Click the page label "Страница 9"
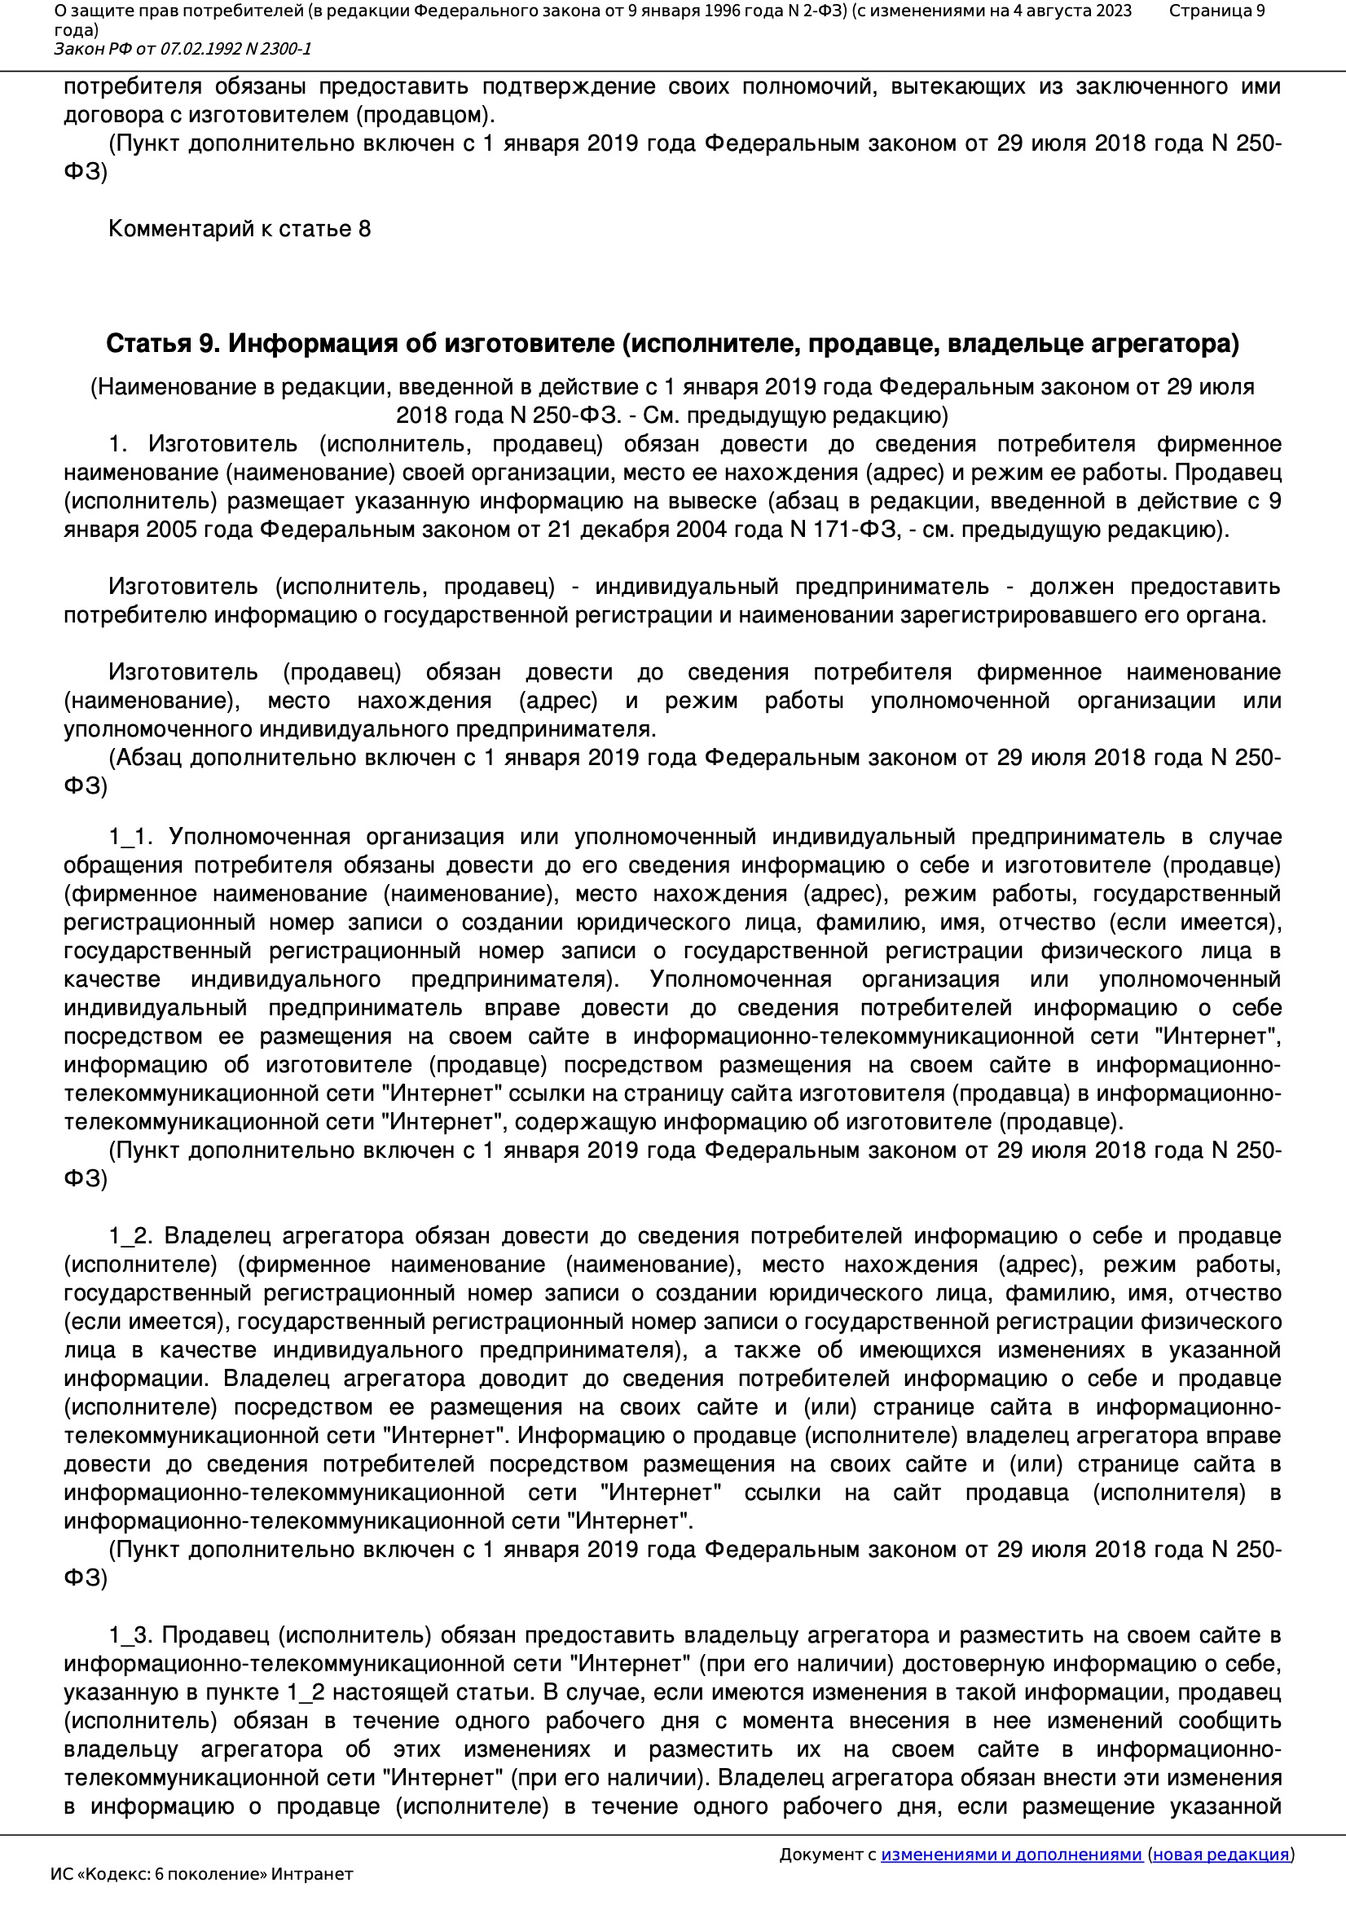click(1216, 11)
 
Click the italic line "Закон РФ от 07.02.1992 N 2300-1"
click(183, 49)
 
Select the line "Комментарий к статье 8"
click(239, 229)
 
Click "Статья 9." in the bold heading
click(163, 344)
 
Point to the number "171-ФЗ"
click(860, 530)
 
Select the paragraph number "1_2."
click(130, 1235)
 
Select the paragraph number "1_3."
click(130, 1635)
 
